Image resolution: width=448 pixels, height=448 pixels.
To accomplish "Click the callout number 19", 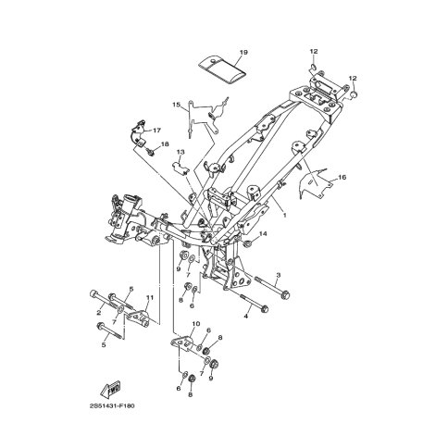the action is tap(243, 53).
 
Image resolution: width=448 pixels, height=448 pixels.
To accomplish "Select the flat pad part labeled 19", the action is tap(221, 69).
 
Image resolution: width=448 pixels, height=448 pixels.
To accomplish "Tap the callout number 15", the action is tap(176, 105).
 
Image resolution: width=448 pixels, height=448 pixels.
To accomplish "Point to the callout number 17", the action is tap(157, 131).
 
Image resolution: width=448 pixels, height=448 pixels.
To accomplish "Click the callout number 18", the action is tap(165, 144).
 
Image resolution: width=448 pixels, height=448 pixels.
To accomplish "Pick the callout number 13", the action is tap(180, 152).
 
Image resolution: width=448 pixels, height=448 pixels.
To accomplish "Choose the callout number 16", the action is tap(342, 178).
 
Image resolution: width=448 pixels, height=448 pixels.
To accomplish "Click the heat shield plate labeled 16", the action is tap(315, 183).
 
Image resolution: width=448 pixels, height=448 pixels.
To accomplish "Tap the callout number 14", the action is tap(263, 234).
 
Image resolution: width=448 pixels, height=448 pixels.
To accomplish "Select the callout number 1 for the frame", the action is tap(285, 215).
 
